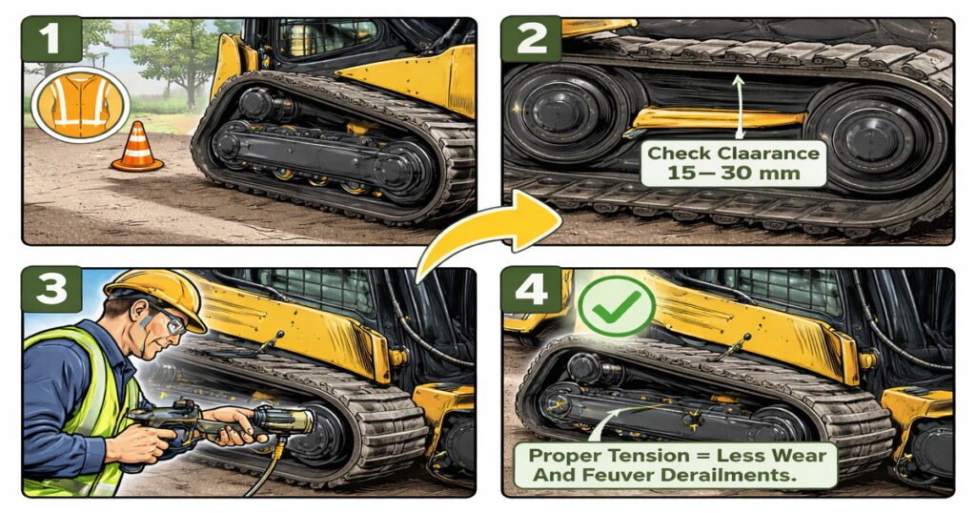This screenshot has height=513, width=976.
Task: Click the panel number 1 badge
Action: (x=51, y=39)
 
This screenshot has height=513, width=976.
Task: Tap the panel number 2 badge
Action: (x=531, y=39)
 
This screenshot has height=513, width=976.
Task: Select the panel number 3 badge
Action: (x=51, y=289)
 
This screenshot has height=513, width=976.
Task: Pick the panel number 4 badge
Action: (x=531, y=290)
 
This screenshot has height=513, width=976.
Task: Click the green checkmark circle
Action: (x=617, y=306)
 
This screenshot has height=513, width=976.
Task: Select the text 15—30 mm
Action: (x=733, y=174)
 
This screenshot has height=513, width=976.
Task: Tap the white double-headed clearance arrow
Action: (x=739, y=107)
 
